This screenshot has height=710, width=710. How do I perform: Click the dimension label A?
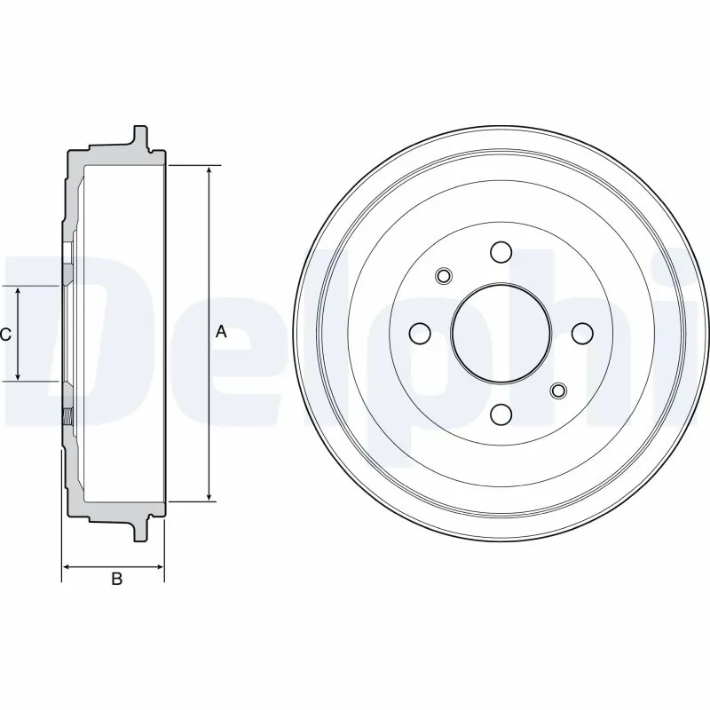click(221, 332)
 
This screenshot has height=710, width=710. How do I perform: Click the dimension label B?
click(115, 580)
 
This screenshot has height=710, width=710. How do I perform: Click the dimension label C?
click(5, 335)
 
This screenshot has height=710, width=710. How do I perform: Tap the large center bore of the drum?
click(501, 332)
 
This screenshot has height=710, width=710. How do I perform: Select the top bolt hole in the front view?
click(501, 251)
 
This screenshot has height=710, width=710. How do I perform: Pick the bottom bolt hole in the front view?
click(501, 414)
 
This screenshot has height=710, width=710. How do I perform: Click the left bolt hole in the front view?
click(420, 333)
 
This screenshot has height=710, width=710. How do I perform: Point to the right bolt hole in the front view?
click(582, 333)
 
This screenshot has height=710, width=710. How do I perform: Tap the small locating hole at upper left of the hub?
click(444, 276)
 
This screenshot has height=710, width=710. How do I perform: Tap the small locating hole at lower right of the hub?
click(558, 390)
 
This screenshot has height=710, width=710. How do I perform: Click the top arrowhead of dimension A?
click(209, 170)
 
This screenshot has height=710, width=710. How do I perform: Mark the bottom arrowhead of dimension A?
click(209, 496)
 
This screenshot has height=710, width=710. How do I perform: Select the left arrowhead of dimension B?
click(67, 566)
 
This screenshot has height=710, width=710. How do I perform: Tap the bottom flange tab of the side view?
click(139, 530)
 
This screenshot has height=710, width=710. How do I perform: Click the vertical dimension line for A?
click(209, 266)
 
